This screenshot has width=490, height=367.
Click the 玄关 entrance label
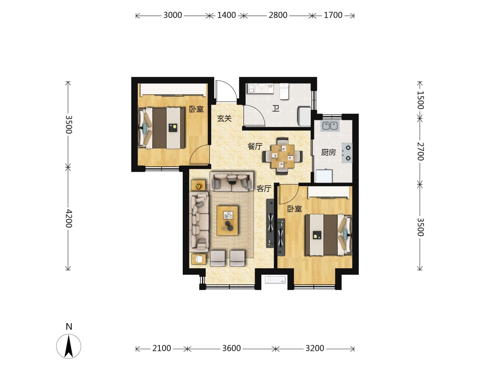[224, 118]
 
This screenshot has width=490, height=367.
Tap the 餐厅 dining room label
[255, 146]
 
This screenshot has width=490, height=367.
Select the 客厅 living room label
[264, 189]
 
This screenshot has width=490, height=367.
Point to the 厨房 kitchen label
[328, 152]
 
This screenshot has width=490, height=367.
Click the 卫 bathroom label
[276, 108]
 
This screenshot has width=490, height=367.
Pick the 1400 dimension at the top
[226, 15]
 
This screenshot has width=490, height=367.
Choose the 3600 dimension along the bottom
[231, 348]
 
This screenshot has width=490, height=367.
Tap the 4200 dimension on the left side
[69, 219]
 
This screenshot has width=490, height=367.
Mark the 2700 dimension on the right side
[420, 151]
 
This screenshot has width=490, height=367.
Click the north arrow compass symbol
[68, 346]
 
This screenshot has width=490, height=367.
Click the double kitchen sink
[330, 126]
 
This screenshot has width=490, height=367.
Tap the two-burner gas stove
[347, 153]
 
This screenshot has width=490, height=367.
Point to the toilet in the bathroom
[284, 91]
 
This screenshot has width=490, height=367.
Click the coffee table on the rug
[227, 221]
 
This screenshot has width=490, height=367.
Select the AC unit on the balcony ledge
[275, 280]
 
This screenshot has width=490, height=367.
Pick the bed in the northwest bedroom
[162, 128]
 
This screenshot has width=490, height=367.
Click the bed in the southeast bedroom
[328, 234]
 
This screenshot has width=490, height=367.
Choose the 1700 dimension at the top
[333, 15]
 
